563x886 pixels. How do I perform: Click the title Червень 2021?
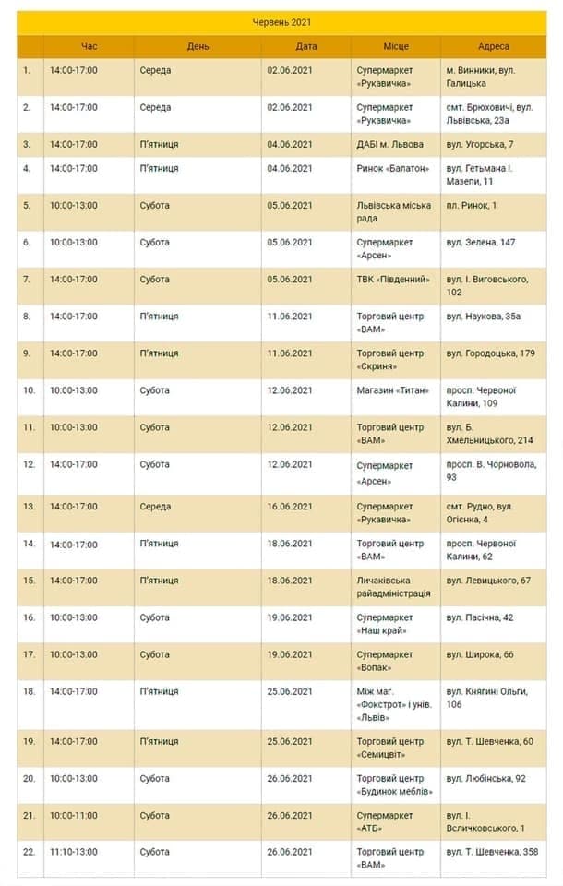[x=282, y=21]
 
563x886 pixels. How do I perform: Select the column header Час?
[x=89, y=46]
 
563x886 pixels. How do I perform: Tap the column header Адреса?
[x=494, y=46]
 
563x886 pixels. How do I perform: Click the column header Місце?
[x=396, y=46]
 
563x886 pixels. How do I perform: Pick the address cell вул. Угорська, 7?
[x=480, y=145]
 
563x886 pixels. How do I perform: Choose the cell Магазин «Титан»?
[x=392, y=390]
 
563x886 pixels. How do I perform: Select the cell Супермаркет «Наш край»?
[x=388, y=624]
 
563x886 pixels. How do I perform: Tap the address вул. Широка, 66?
[x=480, y=655]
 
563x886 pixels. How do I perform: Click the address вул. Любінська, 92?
[x=485, y=779]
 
